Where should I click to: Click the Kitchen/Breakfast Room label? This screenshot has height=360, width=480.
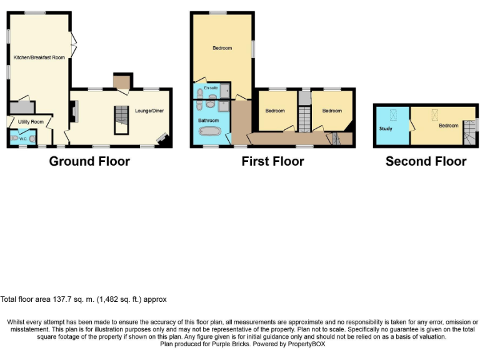tap(39, 57)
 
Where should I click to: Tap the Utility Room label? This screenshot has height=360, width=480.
tap(31, 121)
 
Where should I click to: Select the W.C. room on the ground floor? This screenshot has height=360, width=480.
tap(22, 137)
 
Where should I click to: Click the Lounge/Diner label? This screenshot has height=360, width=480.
tap(149, 111)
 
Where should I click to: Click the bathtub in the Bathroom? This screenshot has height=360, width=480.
tap(208, 132)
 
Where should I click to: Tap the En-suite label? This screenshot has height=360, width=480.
tap(211, 88)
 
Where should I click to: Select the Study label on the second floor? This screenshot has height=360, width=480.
tap(386, 129)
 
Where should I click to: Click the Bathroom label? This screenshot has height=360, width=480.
tap(208, 120)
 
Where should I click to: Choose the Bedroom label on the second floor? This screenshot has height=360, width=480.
tap(448, 125)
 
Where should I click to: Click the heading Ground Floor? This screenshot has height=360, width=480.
tap(89, 161)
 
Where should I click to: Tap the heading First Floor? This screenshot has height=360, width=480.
tap(272, 161)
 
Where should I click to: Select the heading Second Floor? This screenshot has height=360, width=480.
tap(426, 161)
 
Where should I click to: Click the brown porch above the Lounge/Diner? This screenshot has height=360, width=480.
tap(121, 81)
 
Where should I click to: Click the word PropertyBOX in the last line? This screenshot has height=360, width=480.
tap(306, 344)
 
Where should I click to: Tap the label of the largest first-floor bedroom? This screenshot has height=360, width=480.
tap(222, 48)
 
